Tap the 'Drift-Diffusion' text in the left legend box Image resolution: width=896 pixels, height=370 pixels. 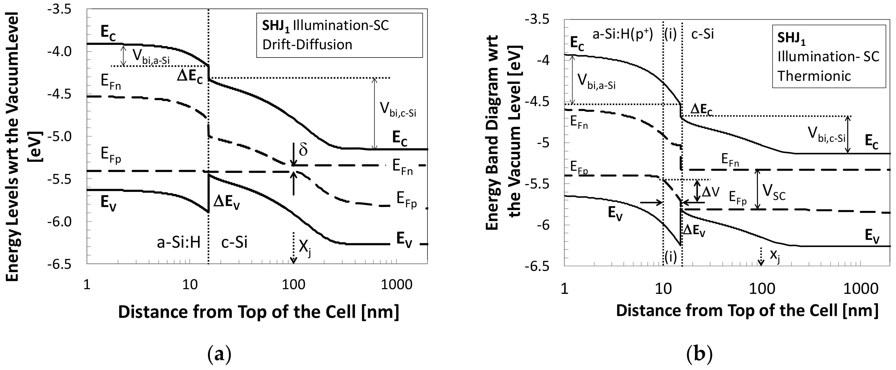coord(307,45)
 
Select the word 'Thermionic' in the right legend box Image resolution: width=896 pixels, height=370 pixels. coord(814,76)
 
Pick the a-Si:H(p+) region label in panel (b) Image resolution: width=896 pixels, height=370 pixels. coord(622,34)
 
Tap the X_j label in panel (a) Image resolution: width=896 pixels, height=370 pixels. coord(305,248)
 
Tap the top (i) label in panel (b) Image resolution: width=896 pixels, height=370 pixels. coord(670,35)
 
